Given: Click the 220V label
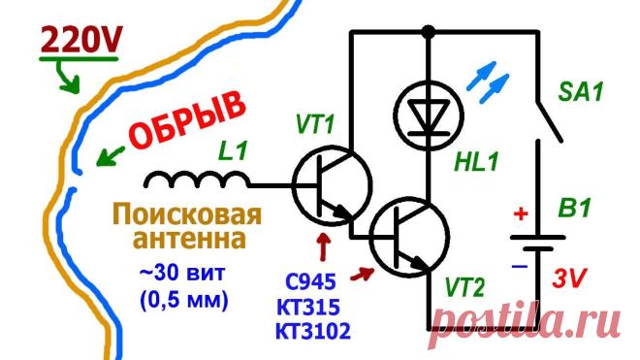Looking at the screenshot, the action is (80, 40).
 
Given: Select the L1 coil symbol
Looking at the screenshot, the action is (197, 180).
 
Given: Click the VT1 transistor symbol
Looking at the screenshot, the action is (332, 185).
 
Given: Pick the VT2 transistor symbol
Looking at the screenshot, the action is (409, 238).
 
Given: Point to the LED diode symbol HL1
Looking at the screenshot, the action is (429, 115).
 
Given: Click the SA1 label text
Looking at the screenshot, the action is (580, 92).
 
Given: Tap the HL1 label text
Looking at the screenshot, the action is (477, 162).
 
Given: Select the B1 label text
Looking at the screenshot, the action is (574, 209).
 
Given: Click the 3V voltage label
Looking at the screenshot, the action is (569, 278).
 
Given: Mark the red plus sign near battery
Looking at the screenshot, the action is (521, 213).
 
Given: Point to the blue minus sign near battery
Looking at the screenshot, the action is (520, 267).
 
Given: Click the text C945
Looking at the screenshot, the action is (310, 281).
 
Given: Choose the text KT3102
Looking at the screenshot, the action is (313, 331).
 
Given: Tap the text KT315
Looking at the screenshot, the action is (308, 307).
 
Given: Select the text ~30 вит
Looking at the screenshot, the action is (182, 274).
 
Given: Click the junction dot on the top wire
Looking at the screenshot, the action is (429, 31).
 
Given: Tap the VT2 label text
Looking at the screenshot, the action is (464, 287).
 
